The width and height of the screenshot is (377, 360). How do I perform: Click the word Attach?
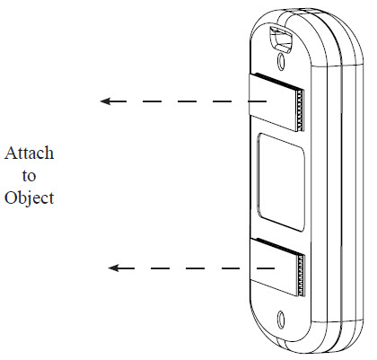(x=30, y=153)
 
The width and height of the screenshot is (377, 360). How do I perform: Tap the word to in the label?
(x=29, y=176)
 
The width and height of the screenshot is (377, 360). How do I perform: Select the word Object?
(x=30, y=198)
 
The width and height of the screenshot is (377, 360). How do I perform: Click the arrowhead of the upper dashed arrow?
(x=105, y=101)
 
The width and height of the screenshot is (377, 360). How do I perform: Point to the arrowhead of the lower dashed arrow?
(x=113, y=268)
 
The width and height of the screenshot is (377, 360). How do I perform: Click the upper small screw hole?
(x=281, y=61)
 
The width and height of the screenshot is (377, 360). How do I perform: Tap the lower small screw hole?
(x=281, y=318)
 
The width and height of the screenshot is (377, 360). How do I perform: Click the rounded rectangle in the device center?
(x=281, y=182)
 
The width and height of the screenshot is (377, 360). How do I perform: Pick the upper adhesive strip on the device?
(x=276, y=101)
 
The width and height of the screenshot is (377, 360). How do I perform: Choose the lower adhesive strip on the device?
(x=276, y=267)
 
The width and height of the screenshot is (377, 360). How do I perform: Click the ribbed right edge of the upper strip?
(x=300, y=110)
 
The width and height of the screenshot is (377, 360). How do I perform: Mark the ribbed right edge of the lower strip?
(x=301, y=276)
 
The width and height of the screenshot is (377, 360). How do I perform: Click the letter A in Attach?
(x=11, y=153)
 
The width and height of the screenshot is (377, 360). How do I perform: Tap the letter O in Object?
(x=11, y=198)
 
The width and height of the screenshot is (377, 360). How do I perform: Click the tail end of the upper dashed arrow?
(x=266, y=101)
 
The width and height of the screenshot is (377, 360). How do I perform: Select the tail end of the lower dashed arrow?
(x=275, y=268)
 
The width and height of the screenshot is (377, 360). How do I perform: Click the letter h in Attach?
(x=48, y=153)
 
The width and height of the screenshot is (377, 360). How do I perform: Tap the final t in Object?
(x=51, y=198)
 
